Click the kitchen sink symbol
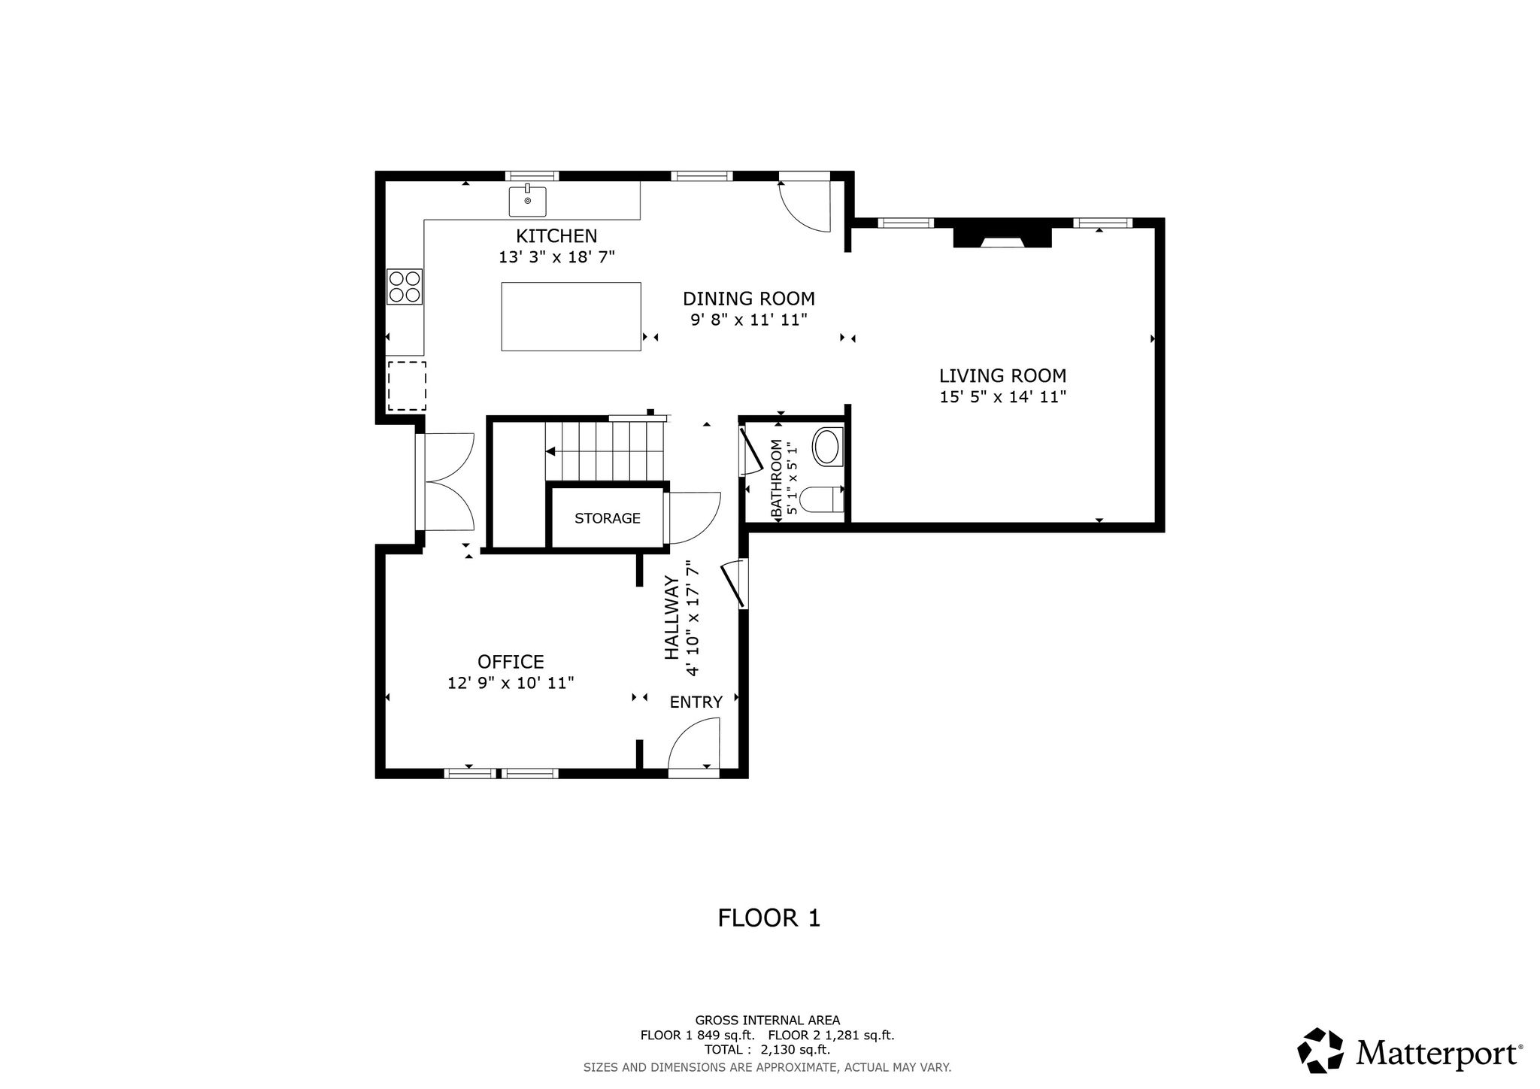[x=528, y=201]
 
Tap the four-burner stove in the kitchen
[x=405, y=287]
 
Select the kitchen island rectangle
[x=571, y=317]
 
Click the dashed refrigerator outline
[x=407, y=386]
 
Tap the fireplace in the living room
[x=1002, y=237]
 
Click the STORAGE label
[x=608, y=518]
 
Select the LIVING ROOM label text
[x=1002, y=375]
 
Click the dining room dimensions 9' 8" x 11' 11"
[x=749, y=320]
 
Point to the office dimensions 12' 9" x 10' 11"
[x=511, y=683]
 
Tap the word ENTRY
[x=696, y=702]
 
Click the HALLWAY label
[x=671, y=617]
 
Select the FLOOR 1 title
[x=769, y=918]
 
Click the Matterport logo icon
[x=1320, y=1051]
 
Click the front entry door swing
[x=694, y=744]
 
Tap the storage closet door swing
[x=693, y=517]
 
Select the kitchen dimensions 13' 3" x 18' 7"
[x=557, y=257]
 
